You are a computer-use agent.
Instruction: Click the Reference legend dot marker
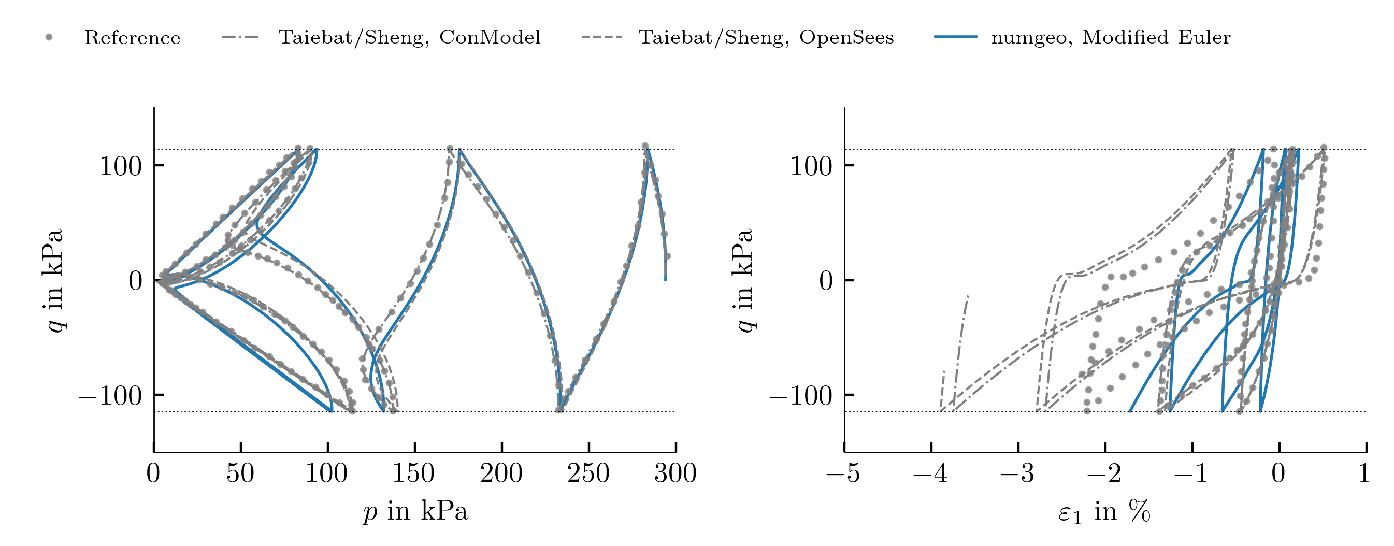(x=49, y=37)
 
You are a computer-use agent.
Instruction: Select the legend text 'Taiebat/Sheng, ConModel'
(x=409, y=37)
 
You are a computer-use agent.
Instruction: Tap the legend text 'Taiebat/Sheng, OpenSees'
(x=766, y=37)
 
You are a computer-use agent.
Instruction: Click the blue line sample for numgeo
(x=956, y=37)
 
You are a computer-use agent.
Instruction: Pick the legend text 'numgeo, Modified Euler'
(x=1111, y=37)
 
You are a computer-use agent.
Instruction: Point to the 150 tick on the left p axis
(x=414, y=448)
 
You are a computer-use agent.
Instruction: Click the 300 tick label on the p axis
(x=676, y=473)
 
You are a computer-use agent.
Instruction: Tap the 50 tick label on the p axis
(x=240, y=473)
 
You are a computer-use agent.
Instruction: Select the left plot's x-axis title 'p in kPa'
(x=415, y=511)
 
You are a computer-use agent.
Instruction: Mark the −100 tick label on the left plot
(x=111, y=396)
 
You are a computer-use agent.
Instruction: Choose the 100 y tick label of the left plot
(x=121, y=166)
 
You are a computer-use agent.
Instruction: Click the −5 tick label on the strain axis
(x=843, y=473)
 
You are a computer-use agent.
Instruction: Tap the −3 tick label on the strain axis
(x=1017, y=473)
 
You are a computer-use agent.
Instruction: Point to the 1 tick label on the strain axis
(x=1364, y=473)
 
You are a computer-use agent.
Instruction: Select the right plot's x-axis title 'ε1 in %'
(x=1104, y=511)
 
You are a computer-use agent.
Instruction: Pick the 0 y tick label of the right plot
(x=825, y=281)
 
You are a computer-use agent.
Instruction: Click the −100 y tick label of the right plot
(x=801, y=396)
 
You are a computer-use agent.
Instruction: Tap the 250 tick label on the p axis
(x=588, y=473)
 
